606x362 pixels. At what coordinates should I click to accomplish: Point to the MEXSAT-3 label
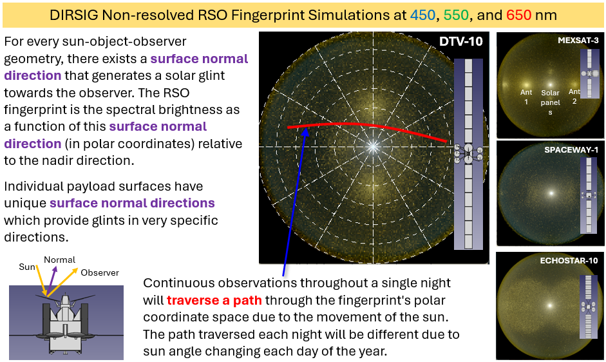coord(578,41)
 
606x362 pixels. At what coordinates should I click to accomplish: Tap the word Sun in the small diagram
coord(27,267)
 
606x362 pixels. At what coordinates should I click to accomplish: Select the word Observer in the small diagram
coord(100,272)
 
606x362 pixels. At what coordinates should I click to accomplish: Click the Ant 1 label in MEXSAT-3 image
coord(526,97)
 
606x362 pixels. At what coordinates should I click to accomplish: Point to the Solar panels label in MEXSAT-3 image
coord(550,102)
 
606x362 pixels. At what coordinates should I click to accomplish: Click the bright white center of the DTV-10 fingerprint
coord(372,147)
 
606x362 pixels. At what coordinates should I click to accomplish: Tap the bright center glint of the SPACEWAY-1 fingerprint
coord(551,193)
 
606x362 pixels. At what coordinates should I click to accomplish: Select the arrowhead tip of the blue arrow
coord(307,129)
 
